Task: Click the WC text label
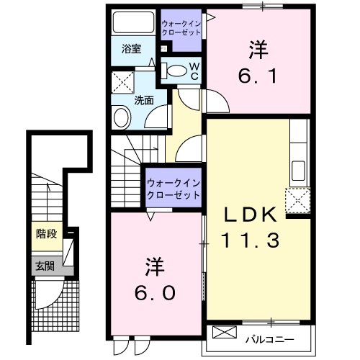[x=194, y=70]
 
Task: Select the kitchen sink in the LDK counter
[x=299, y=173]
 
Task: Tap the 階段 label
[x=46, y=233]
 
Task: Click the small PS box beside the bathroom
[x=164, y=48]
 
